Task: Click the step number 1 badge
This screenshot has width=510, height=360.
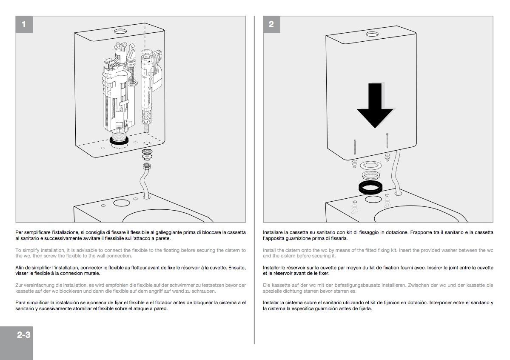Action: [24, 24]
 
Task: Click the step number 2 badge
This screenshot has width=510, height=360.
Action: [271, 24]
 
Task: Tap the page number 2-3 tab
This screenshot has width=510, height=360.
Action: [24, 334]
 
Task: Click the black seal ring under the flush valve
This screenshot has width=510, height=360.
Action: [119, 140]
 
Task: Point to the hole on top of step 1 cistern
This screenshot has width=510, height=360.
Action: [120, 31]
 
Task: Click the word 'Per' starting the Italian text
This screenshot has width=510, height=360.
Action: [19, 232]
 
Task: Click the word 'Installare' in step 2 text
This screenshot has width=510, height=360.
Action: [274, 232]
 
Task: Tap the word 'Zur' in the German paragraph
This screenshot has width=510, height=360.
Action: [19, 285]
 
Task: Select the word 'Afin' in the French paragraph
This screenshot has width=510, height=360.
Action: [20, 268]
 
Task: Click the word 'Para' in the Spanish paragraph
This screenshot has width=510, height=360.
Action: [20, 303]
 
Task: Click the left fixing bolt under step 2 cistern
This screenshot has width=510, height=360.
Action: [355, 147]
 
